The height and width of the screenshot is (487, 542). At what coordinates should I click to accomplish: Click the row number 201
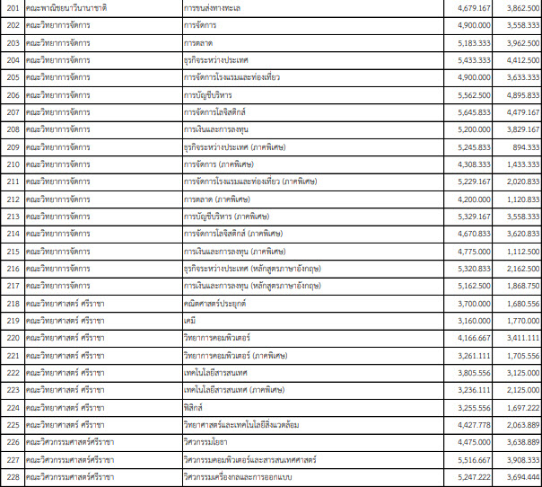pos(12,8)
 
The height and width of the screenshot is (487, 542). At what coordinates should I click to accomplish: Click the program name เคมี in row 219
pos(188,320)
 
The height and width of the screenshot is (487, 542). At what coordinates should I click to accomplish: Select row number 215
pos(12,251)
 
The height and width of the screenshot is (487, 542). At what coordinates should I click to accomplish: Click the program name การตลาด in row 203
pos(197,43)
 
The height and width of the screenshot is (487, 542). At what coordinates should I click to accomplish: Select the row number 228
pos(12,475)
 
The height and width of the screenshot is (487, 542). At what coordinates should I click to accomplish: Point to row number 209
pos(12,146)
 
